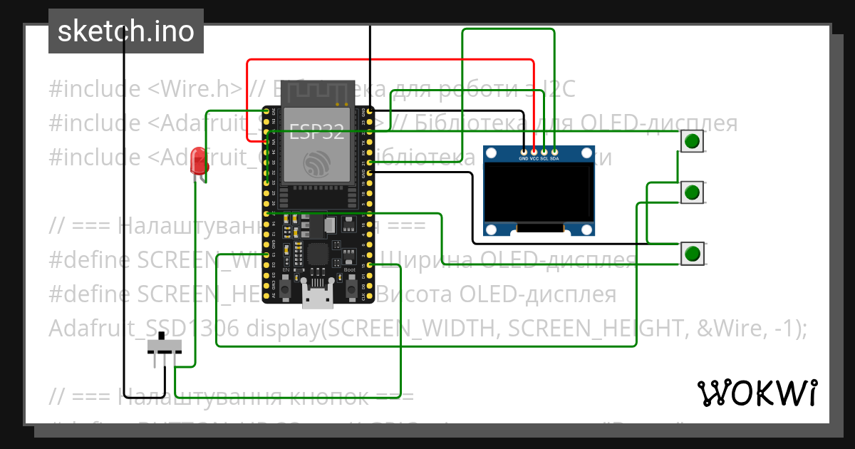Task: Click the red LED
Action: click(198, 162)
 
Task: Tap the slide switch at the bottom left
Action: click(165, 347)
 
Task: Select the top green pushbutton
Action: click(691, 141)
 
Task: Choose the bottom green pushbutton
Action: click(691, 254)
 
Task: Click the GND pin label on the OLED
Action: click(524, 158)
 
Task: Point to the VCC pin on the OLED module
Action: click(534, 158)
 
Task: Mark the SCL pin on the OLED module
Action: click(544, 158)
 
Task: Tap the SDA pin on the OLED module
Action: click(554, 158)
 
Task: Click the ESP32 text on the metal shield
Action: click(316, 130)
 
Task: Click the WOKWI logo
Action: click(757, 393)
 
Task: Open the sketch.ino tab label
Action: click(125, 31)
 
